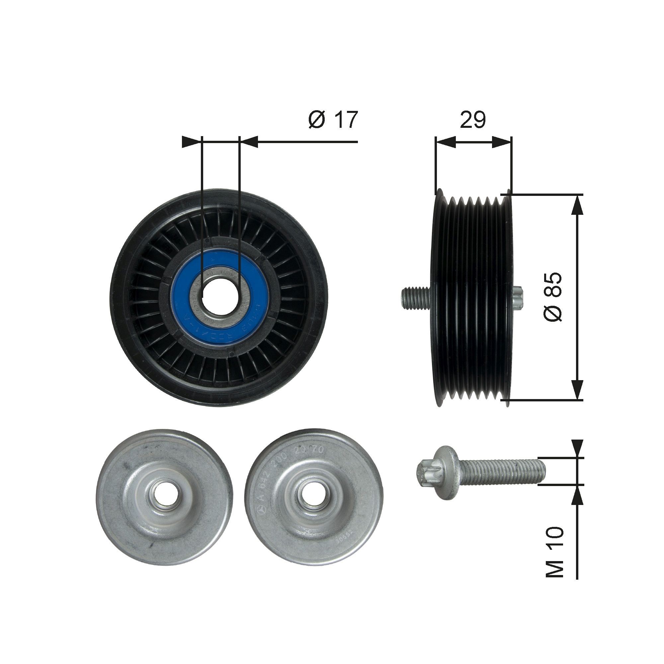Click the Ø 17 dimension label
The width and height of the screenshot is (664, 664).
point(333,120)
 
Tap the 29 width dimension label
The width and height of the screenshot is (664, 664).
point(473,120)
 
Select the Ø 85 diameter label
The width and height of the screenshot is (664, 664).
point(553,297)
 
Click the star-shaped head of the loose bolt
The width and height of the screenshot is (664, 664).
point(426,471)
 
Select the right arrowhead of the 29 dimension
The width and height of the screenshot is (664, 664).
point(502,142)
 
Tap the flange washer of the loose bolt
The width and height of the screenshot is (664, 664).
point(450,471)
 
